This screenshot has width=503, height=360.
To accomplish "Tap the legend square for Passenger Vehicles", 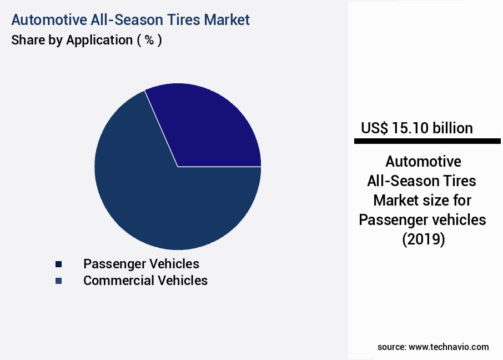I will tap(58, 264).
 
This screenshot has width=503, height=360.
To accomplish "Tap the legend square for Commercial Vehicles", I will tap(58, 281).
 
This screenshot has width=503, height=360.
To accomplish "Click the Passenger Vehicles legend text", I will tap(141, 263).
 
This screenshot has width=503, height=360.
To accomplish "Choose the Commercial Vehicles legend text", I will tap(145, 281).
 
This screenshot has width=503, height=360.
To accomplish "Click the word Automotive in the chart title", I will tap(47, 19).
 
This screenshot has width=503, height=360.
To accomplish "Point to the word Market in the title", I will tap(227, 19).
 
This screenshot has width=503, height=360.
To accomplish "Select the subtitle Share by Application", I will tap(72, 40).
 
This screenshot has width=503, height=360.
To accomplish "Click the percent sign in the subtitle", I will tap(149, 40).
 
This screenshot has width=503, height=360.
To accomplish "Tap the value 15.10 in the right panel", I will tap(410, 128).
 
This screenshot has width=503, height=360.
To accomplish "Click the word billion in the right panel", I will tap(452, 128).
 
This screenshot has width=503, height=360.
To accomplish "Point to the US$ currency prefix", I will tap(375, 128).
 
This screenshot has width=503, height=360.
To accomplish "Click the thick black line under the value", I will tap(427, 142).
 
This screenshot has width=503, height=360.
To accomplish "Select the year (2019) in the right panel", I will tap(423, 240).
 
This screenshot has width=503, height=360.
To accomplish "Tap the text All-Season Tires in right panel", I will tap(422, 181).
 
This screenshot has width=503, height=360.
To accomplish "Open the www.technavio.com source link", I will tap(449, 347).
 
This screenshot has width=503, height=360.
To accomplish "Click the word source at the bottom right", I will tap(391, 347).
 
